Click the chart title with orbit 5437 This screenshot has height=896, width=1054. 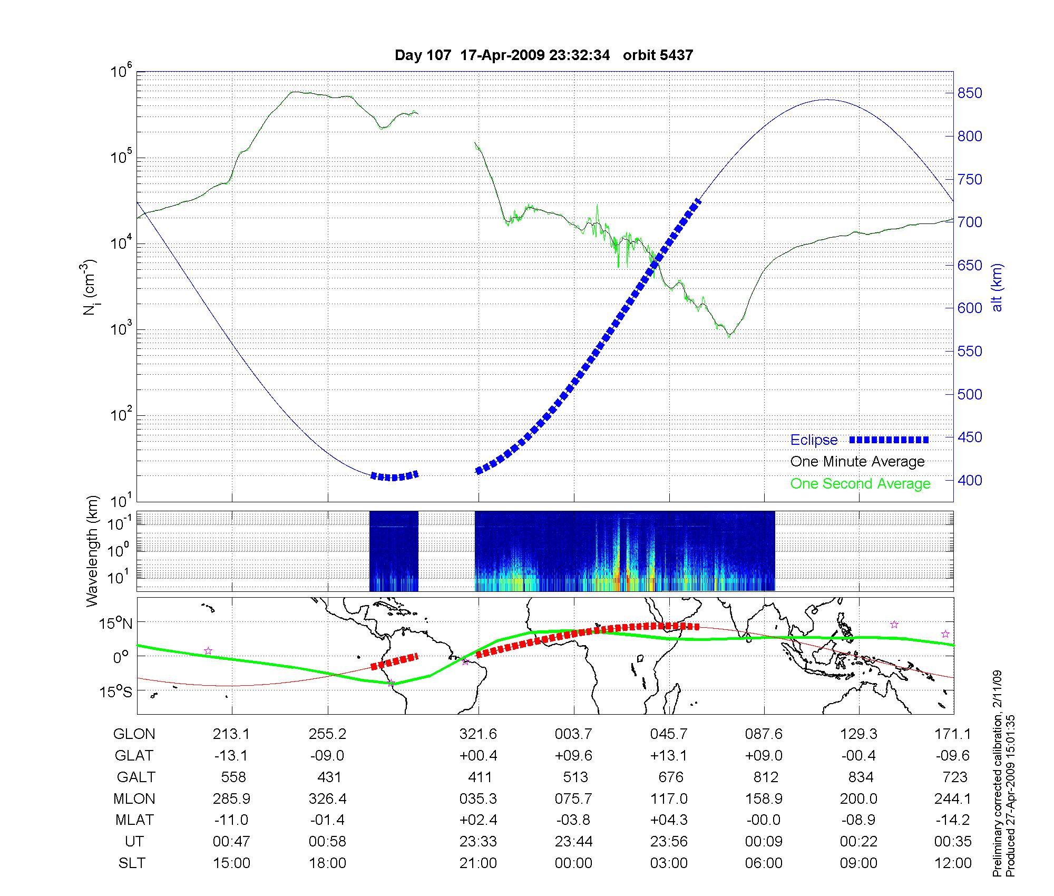tap(543, 55)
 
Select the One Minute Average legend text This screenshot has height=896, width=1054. tap(857, 462)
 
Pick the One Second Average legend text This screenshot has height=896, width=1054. tap(860, 484)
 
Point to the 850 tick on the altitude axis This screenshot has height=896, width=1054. tap(970, 93)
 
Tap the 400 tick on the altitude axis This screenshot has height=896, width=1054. tap(970, 480)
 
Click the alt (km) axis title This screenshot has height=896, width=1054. tap(998, 287)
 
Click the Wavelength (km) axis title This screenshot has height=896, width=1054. tap(93, 551)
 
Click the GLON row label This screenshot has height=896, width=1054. tap(134, 734)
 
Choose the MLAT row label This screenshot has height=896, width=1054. tap(134, 820)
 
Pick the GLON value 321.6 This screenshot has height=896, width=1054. tap(478, 734)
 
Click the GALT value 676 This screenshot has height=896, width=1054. tap(670, 777)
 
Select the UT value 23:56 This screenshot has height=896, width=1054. tap(669, 842)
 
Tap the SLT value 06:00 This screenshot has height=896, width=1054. tap(764, 863)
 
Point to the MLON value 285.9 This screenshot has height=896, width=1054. tap(231, 799)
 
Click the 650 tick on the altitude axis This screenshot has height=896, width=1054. tap(970, 265)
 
